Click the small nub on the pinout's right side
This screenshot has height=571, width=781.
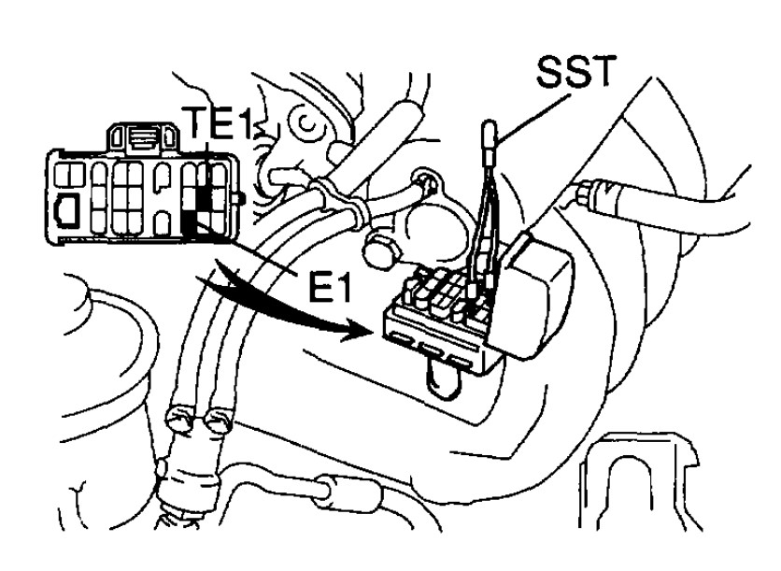point(242,197)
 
